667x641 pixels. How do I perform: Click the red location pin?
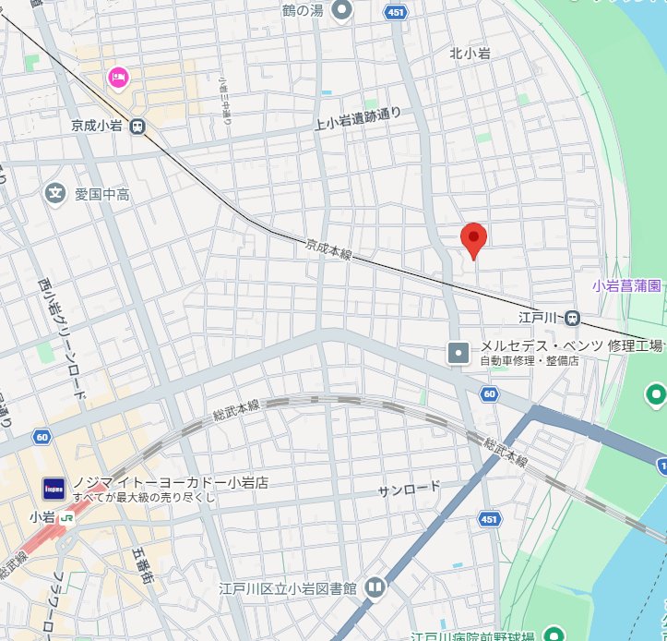(x=473, y=239)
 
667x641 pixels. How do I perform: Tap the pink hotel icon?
(x=118, y=77)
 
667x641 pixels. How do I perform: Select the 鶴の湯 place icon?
(x=343, y=11)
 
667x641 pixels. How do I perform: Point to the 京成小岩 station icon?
(x=137, y=127)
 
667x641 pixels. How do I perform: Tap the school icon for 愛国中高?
(x=55, y=193)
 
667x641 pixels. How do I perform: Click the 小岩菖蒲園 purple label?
(x=627, y=286)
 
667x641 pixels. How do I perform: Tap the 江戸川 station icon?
(x=573, y=318)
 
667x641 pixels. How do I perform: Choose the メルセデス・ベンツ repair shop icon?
(x=459, y=352)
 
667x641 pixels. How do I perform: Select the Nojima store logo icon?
(x=54, y=487)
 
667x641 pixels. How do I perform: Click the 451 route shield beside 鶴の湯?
(x=396, y=12)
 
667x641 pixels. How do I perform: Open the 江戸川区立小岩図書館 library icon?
(x=375, y=587)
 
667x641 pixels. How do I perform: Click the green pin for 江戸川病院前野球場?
(x=554, y=635)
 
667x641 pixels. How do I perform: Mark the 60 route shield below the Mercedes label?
(x=488, y=394)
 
